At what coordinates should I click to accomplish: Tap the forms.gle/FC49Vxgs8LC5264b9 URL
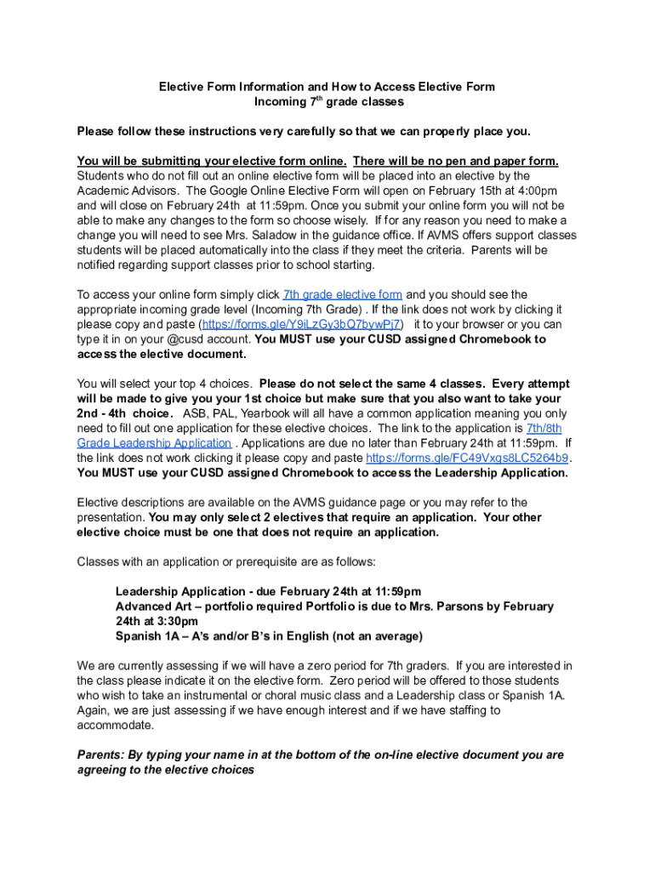(x=467, y=458)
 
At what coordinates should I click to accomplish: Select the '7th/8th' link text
(x=544, y=428)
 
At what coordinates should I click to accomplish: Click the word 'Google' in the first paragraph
(x=225, y=191)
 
